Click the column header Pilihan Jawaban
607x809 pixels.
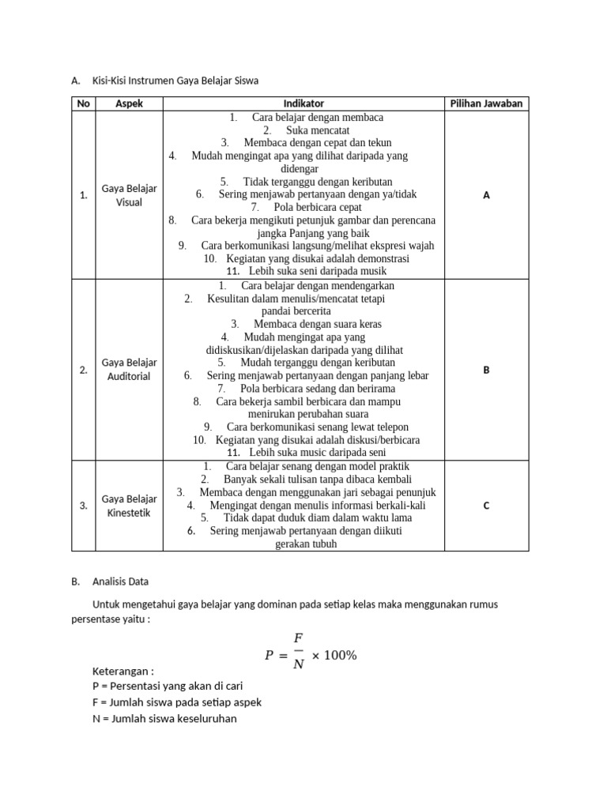[x=486, y=103]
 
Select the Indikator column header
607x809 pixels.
[x=303, y=103]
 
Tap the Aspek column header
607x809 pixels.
[x=129, y=103]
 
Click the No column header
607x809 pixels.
[x=83, y=103]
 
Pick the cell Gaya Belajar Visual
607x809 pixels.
[x=129, y=195]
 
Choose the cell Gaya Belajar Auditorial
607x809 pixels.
[x=129, y=369]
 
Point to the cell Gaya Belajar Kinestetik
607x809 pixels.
[x=129, y=506]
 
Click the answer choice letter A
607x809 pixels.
[x=486, y=195]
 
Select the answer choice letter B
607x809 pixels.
[x=486, y=369]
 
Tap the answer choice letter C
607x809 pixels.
[x=486, y=506]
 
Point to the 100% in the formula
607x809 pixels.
[x=336, y=656]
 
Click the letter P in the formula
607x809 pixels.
[x=269, y=656]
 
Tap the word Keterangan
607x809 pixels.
[x=123, y=672]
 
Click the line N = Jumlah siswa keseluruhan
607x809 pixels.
[x=164, y=718]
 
